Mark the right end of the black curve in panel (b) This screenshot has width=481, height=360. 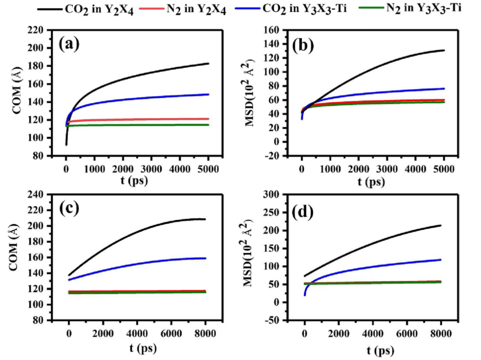(x=444, y=50)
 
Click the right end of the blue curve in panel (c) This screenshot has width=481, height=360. (x=206, y=258)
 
